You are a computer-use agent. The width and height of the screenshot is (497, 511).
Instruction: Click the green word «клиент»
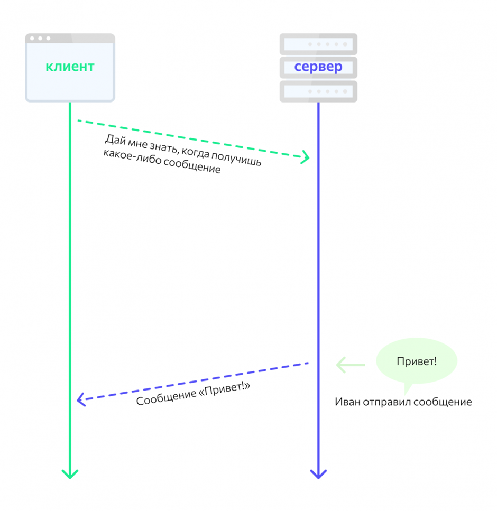[70, 67]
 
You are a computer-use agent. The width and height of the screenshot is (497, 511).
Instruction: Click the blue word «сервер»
[318, 67]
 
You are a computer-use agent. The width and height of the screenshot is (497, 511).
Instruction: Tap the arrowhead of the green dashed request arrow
[306, 157]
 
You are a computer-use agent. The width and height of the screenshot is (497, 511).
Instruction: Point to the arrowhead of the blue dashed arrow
[80, 400]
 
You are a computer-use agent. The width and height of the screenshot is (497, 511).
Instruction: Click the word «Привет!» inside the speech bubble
[416, 362]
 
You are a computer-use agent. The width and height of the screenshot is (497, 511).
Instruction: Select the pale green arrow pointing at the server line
[351, 365]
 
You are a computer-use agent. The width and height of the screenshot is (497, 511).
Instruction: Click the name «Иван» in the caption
[346, 402]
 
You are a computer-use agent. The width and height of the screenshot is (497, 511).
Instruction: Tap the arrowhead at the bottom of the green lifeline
[70, 473]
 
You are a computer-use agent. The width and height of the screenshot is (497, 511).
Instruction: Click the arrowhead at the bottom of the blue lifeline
[318, 473]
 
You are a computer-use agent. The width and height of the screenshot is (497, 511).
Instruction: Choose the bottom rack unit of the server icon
[318, 91]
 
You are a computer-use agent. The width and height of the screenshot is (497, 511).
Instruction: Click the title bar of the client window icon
[70, 38]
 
